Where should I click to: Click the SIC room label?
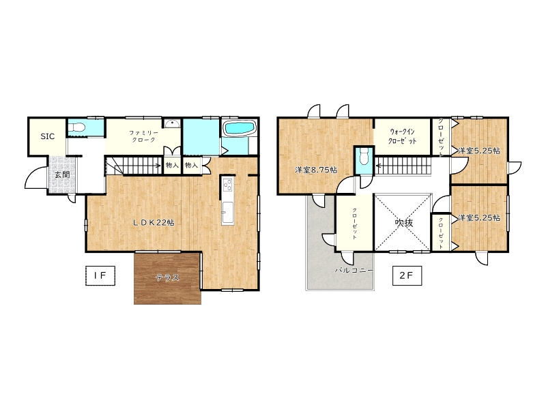pyautogui.click(x=48, y=136)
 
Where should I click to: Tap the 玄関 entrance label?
pyautogui.click(x=62, y=175)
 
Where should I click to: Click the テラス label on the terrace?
pyautogui.click(x=167, y=277)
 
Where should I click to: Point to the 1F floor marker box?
pyautogui.click(x=100, y=275)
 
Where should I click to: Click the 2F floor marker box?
pyautogui.click(x=407, y=275)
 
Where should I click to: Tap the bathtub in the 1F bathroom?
pyautogui.click(x=240, y=128)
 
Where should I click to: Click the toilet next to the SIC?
pyautogui.click(x=76, y=127)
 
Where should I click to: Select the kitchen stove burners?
pyautogui.click(x=228, y=184)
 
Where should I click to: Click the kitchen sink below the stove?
pyautogui.click(x=228, y=211)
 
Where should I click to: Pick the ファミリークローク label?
pyautogui.click(x=144, y=136)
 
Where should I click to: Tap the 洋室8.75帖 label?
pyautogui.click(x=316, y=170)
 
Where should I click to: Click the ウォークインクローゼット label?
pyautogui.click(x=403, y=136)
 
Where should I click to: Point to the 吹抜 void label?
pyautogui.click(x=404, y=223)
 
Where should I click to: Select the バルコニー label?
pyautogui.click(x=354, y=270)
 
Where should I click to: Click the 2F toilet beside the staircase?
pyautogui.click(x=364, y=157)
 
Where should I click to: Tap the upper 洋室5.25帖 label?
pyautogui.click(x=480, y=151)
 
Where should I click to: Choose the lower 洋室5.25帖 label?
pyautogui.click(x=480, y=217)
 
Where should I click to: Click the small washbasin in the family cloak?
pyautogui.click(x=172, y=124)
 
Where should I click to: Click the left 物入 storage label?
pyautogui.click(x=172, y=165)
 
